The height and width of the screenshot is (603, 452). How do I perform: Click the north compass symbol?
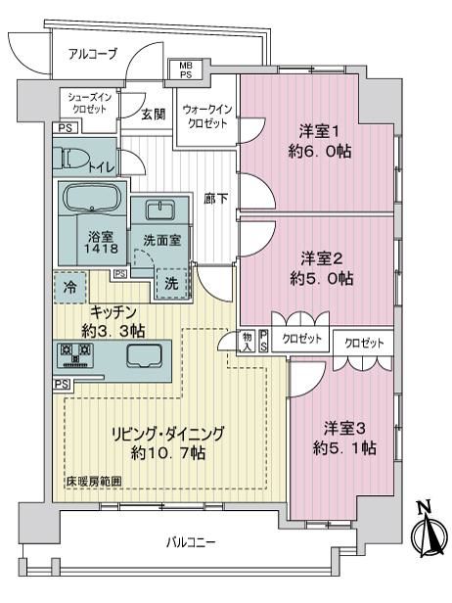(x=429, y=532)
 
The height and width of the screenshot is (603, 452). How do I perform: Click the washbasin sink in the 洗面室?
(x=160, y=209)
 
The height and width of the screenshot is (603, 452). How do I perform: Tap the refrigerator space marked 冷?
(x=70, y=287)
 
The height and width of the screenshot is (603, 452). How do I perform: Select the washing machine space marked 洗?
(x=172, y=284)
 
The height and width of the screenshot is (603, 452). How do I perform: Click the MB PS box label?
(x=186, y=70)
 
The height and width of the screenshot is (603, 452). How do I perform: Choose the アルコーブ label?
(x=92, y=54)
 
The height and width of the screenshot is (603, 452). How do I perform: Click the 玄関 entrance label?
(x=153, y=115)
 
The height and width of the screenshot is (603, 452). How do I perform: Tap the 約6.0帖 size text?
(x=320, y=152)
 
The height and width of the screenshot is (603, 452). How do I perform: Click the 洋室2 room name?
(x=321, y=258)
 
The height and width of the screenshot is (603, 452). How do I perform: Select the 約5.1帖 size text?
(x=344, y=448)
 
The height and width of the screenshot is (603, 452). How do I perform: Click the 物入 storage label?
(x=247, y=342)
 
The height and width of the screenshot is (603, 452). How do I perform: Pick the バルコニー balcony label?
(x=191, y=542)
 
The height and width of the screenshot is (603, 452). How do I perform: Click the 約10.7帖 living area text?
(x=167, y=453)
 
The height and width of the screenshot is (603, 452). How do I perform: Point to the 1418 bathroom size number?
(x=102, y=248)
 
